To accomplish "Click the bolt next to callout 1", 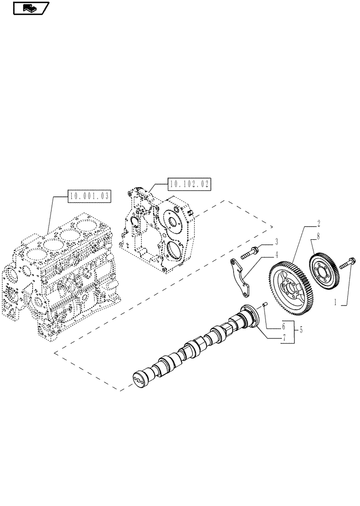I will tap(347, 263).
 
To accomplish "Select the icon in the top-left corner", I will tap(31, 8).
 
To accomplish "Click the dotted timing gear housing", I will tap(157, 228).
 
